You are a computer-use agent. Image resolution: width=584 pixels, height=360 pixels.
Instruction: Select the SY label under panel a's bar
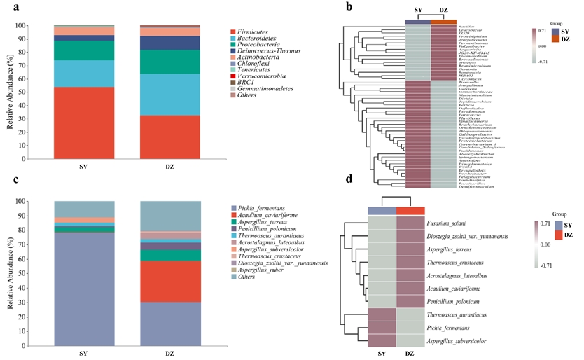pos(85,167)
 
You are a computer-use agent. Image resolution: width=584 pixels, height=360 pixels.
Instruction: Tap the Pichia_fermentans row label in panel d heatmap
pos(448,326)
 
